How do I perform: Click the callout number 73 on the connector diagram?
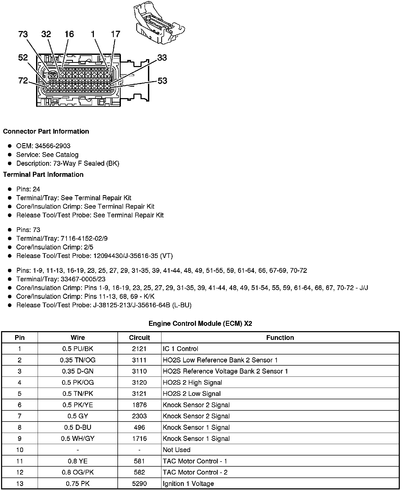(23, 34)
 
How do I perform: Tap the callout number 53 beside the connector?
(162, 81)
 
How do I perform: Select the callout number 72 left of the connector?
(23, 80)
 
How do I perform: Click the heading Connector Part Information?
(46, 131)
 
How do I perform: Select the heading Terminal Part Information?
(43, 174)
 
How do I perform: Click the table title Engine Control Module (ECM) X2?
(200, 323)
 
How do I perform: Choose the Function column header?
(280, 337)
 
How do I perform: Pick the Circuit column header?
(139, 337)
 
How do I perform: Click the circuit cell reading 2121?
(139, 349)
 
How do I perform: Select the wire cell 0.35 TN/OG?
(78, 360)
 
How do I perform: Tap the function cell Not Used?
(177, 450)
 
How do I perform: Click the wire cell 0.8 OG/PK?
(78, 472)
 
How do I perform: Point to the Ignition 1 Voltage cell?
(188, 484)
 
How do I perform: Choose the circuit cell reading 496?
(139, 427)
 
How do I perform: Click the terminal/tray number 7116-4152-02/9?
(84, 238)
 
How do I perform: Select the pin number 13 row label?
(20, 484)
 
